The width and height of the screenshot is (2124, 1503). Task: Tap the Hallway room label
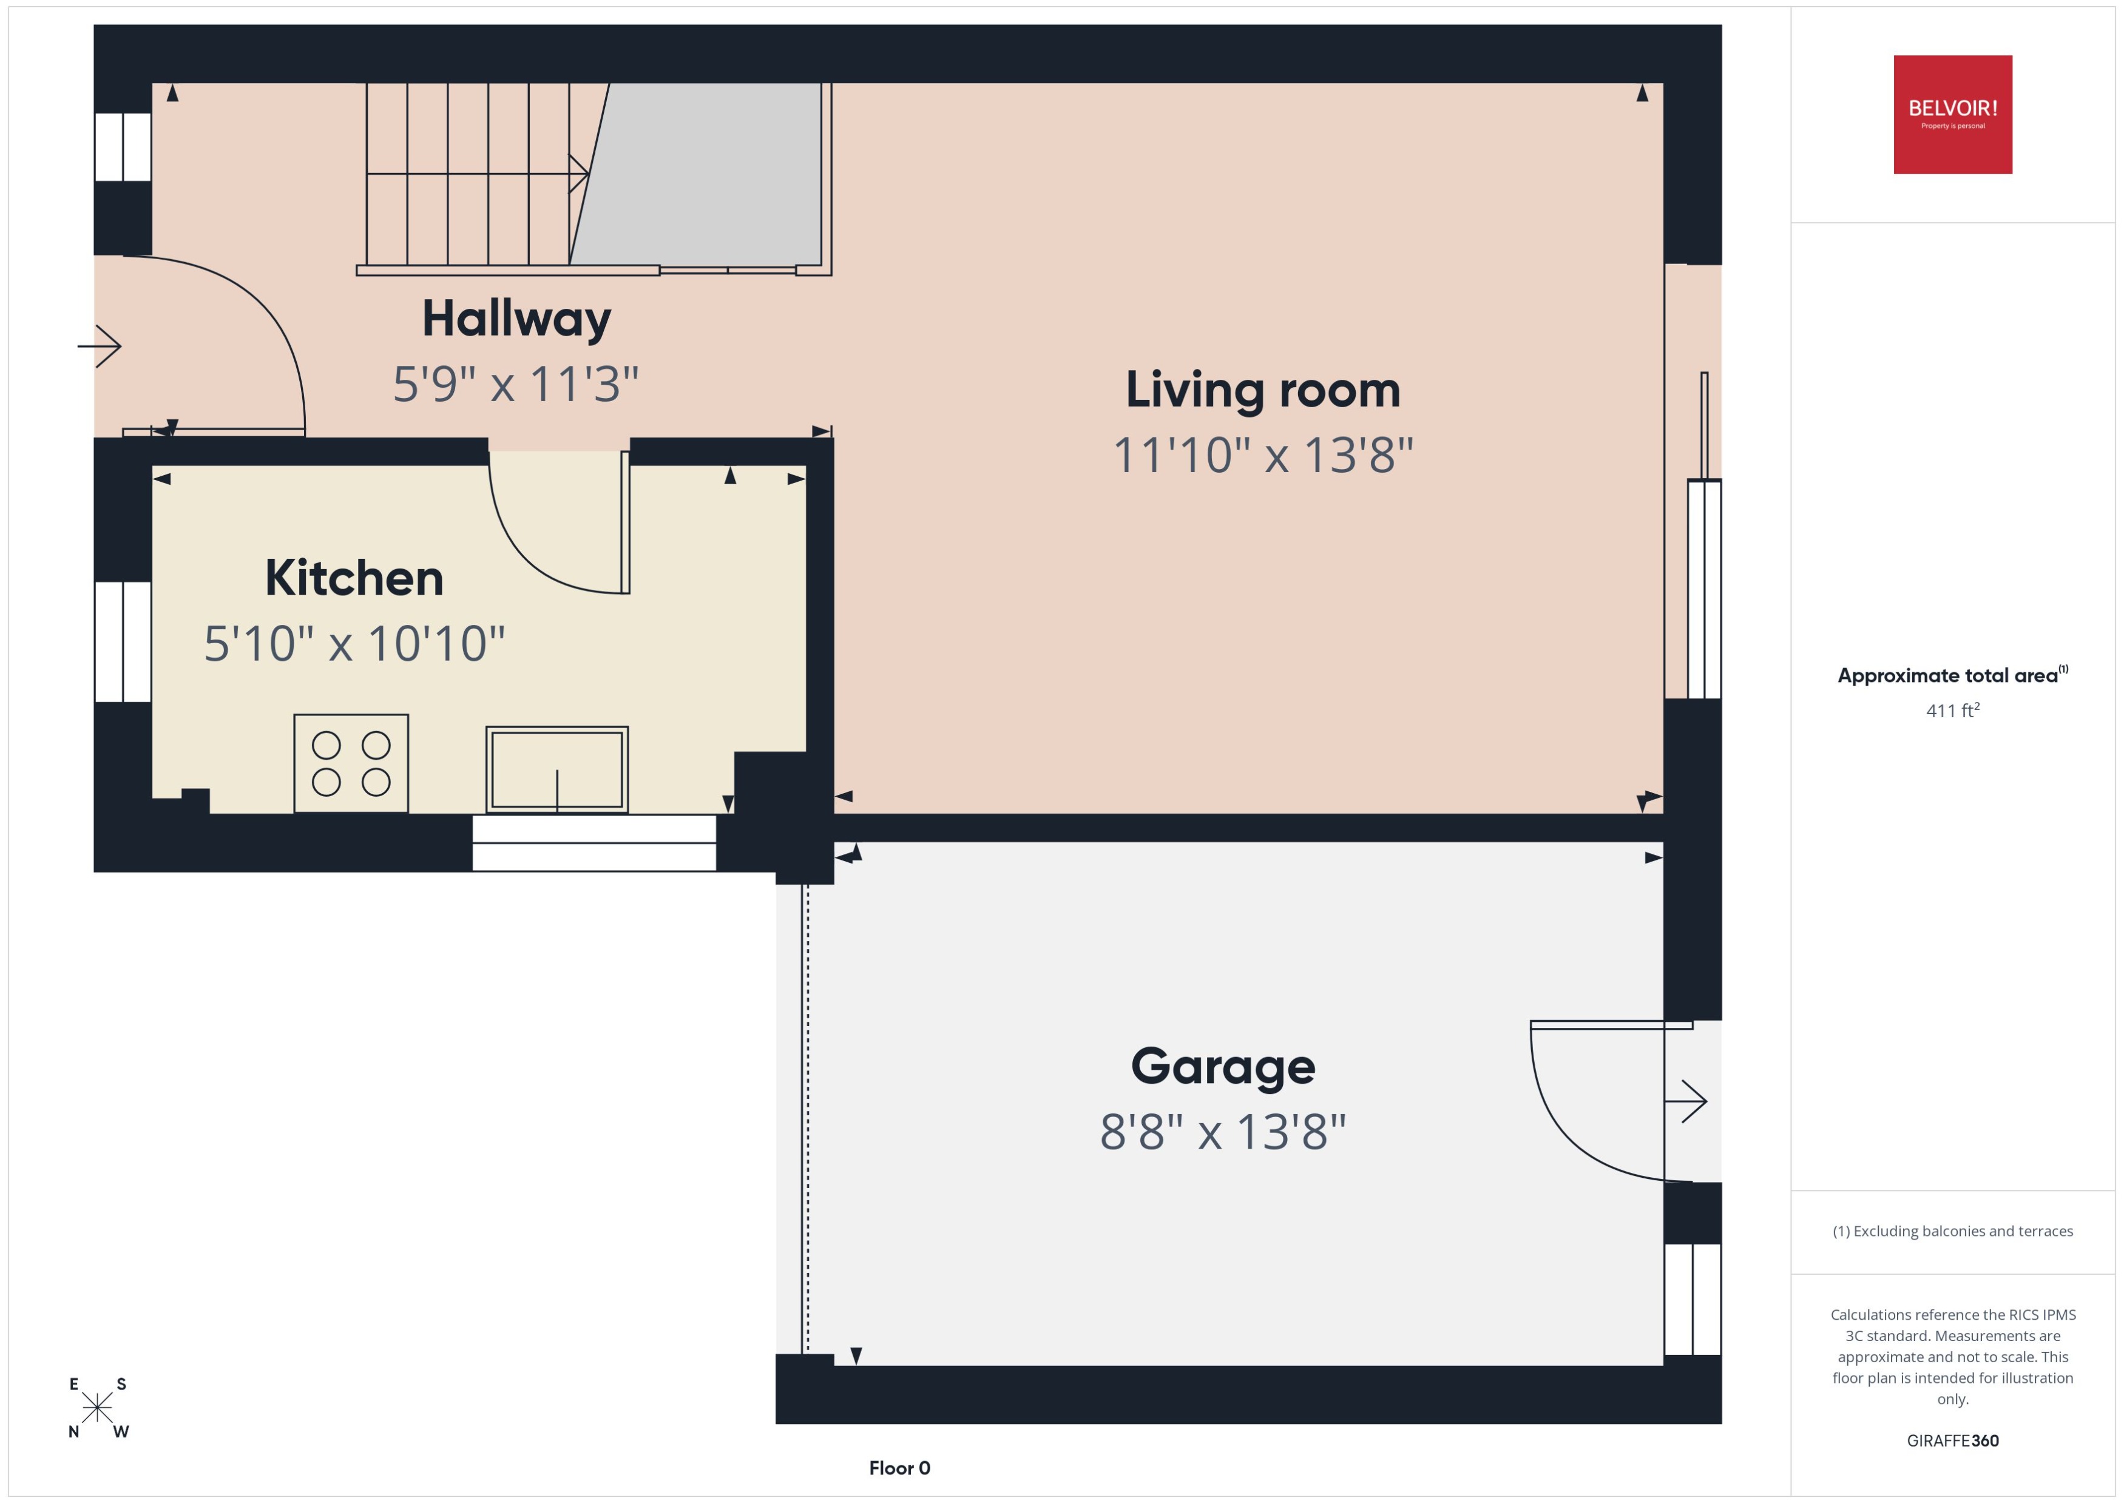point(516,319)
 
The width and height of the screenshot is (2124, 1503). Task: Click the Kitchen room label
point(354,578)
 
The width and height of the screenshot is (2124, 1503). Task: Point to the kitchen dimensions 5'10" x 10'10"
point(354,643)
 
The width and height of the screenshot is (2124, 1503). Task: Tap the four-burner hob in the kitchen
point(351,763)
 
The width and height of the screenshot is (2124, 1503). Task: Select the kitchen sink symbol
point(556,769)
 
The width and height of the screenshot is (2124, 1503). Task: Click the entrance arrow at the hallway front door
point(100,346)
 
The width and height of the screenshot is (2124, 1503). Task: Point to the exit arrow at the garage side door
point(1686,1101)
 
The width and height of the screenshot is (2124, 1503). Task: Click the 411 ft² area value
point(1952,711)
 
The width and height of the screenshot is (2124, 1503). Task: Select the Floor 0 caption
point(899,1468)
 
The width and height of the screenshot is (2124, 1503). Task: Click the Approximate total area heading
point(1952,675)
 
